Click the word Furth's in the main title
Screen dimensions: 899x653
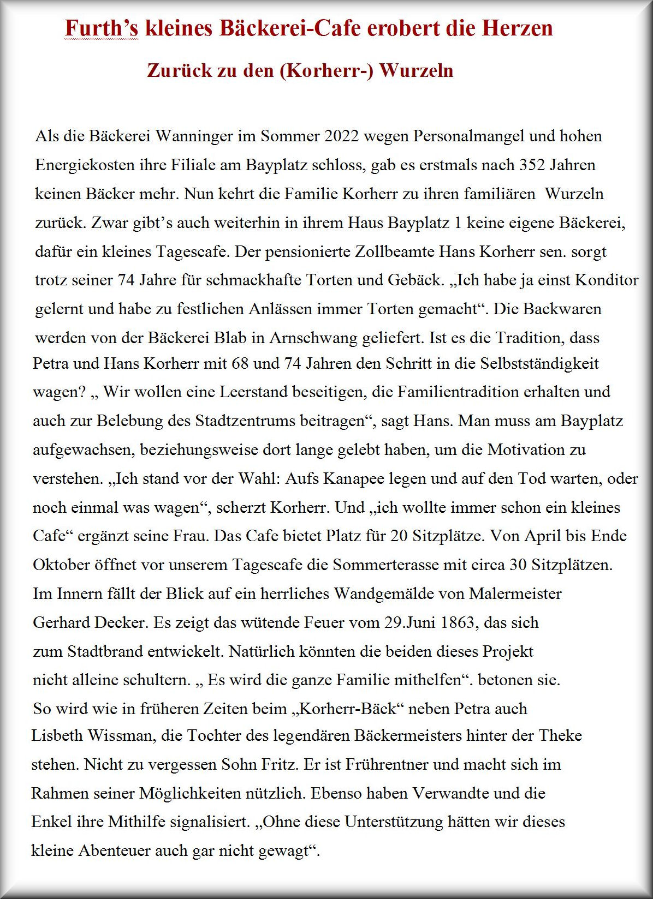(x=102, y=28)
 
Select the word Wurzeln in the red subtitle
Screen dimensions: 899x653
(x=416, y=71)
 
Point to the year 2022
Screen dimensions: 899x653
(x=342, y=136)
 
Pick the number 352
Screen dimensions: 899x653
(x=532, y=165)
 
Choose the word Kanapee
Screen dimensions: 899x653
(x=354, y=479)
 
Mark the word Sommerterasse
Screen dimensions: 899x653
(x=385, y=565)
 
